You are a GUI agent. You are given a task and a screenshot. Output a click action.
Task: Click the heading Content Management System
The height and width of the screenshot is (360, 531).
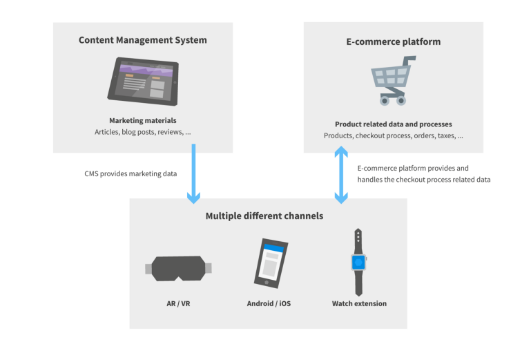[142, 40]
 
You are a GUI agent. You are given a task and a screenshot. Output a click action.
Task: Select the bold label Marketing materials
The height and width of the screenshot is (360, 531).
[143, 120]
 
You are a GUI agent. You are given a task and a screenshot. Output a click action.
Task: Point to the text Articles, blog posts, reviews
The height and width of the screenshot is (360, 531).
[143, 132]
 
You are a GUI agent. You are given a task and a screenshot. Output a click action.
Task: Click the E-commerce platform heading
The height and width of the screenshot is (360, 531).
[393, 41]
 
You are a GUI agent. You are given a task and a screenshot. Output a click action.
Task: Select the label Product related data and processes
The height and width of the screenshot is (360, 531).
[393, 124]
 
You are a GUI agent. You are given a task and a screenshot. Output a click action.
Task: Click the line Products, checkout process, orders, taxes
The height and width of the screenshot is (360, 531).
[393, 136]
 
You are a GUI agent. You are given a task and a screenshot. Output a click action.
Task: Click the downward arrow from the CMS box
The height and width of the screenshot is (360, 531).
[194, 173]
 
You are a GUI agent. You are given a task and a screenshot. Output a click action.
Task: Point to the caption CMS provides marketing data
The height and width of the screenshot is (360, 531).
[126, 174]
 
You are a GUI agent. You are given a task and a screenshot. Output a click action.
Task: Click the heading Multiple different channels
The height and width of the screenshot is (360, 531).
[264, 216]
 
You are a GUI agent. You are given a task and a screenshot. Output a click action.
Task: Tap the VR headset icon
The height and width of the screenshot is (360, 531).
[179, 268]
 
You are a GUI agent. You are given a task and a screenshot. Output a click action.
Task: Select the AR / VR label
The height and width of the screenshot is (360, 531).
[179, 303]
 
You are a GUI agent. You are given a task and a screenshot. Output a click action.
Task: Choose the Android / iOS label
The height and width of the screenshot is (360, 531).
[269, 303]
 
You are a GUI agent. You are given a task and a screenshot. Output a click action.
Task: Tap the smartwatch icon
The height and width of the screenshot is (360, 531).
[358, 263]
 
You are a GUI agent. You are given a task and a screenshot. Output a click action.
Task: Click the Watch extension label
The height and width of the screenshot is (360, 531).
[359, 303]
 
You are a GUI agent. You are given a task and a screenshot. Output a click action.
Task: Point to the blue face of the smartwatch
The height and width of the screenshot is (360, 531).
[358, 263]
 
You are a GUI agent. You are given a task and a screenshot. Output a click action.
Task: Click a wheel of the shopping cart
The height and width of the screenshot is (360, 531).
[384, 101]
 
